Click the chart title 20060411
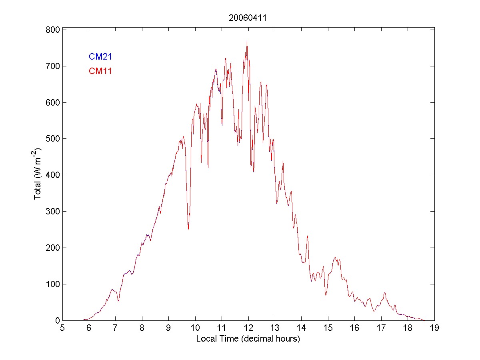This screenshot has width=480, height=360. tap(248, 18)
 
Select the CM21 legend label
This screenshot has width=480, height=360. tap(100, 57)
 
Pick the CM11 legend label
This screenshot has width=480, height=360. tap(100, 71)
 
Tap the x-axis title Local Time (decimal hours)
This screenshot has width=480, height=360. tap(248, 339)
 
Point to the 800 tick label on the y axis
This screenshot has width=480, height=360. tap(52, 30)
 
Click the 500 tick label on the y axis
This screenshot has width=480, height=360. tap(52, 139)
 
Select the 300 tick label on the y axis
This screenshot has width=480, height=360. tap(52, 211)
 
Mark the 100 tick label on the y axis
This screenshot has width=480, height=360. tap(52, 284)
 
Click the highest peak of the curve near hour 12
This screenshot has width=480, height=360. tap(247, 41)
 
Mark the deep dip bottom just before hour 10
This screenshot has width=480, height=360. tap(188, 229)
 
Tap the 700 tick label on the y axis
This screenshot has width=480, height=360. tap(52, 66)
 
